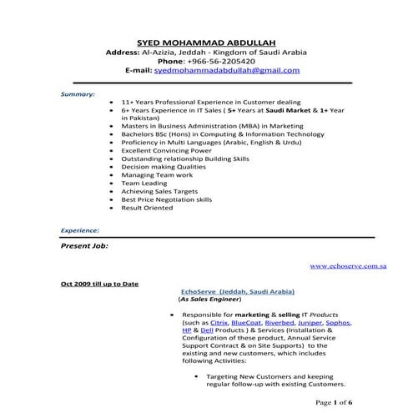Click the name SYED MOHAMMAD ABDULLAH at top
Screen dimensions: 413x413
[206, 42]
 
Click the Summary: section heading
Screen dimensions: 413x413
[78, 95]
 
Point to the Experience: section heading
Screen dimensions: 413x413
[80, 229]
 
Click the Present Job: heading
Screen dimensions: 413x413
[84, 246]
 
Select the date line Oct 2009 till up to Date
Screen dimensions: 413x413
[99, 284]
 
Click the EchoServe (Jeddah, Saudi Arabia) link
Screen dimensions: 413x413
[243, 292]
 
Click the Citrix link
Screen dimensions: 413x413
[219, 322]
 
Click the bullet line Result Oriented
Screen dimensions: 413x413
[147, 208]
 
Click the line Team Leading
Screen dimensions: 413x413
[143, 183]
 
